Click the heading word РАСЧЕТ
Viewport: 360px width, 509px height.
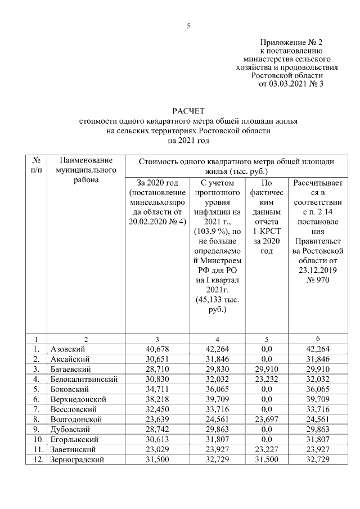(188, 110)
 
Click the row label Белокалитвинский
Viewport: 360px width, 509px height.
(84, 379)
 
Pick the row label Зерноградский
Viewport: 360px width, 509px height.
(77, 460)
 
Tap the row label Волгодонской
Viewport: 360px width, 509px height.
(76, 419)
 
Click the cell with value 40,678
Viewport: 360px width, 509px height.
(154, 349)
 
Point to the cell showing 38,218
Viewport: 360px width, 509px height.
(154, 399)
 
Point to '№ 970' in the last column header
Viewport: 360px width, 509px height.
(319, 280)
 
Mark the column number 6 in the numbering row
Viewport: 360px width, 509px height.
(319, 339)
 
